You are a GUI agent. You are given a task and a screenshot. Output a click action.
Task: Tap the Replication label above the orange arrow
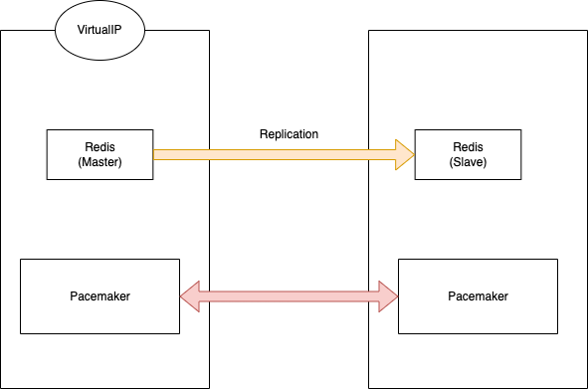point(289,134)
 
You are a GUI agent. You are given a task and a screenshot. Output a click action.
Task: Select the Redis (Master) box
point(99,154)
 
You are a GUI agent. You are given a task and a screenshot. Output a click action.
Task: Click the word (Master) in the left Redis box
point(99,162)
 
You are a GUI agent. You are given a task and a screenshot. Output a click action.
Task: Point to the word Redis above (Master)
point(99,147)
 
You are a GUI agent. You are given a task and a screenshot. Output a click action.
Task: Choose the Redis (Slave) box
point(468,154)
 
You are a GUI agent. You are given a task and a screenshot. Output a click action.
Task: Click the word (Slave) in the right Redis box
point(468,162)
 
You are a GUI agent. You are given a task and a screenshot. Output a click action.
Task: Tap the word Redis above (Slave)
point(468,147)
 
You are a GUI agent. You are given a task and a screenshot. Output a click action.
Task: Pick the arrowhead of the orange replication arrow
point(405,154)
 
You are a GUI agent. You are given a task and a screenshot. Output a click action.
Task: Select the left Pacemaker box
point(99,295)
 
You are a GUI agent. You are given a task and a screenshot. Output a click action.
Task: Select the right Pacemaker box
point(478,295)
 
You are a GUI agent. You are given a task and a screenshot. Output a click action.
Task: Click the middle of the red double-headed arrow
point(289,295)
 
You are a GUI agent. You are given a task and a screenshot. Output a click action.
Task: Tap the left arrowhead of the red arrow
point(190,295)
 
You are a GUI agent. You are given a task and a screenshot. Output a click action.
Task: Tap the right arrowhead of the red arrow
point(388,295)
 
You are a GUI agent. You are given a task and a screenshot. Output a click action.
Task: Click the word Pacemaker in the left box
point(99,295)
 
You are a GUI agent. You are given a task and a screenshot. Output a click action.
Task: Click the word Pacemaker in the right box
point(478,295)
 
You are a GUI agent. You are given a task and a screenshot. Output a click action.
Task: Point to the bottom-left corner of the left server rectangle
point(1,387)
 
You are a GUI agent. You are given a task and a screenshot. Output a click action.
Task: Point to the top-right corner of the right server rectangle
point(586,31)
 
